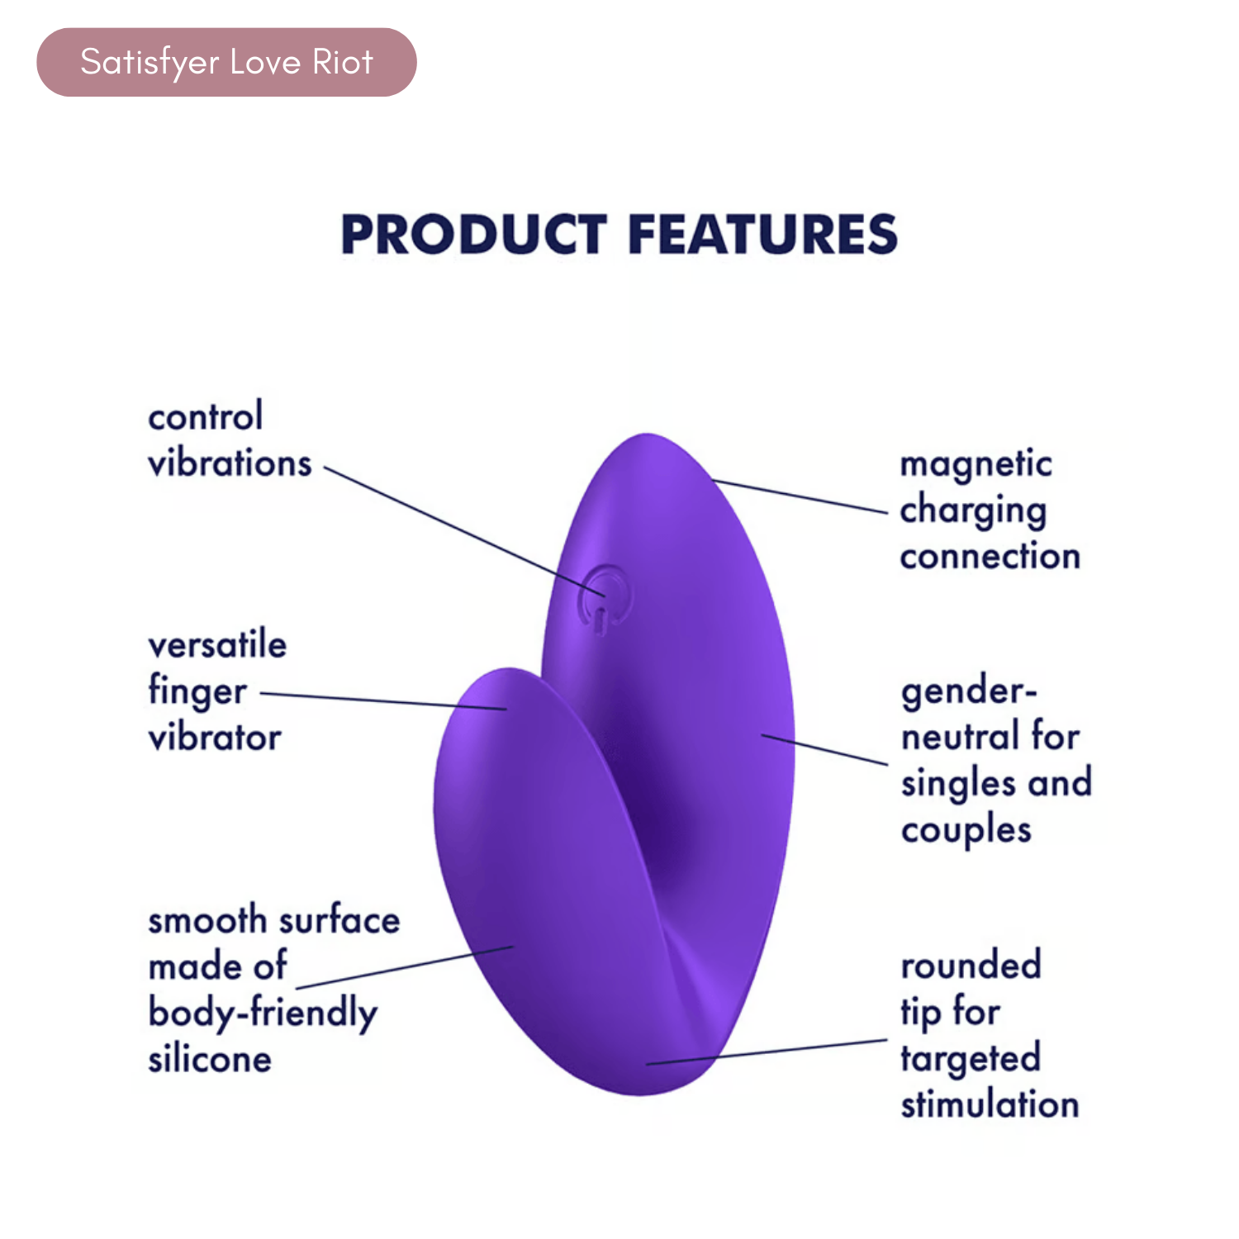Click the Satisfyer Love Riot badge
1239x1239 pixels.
click(226, 62)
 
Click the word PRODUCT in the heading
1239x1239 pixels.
click(474, 234)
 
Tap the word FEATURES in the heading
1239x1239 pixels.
click(762, 234)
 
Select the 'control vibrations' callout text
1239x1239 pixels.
click(230, 440)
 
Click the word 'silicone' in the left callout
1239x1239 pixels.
click(210, 1059)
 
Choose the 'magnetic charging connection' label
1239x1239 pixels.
click(990, 510)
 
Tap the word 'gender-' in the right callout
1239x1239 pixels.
click(968, 692)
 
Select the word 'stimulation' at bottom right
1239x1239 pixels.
click(990, 1105)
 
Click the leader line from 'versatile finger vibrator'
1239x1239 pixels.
click(383, 701)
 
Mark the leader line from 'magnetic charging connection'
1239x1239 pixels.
click(799, 496)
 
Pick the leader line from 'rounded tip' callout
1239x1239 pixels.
click(767, 1052)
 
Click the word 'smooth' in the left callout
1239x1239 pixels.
click(207, 920)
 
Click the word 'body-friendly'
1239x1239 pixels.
click(263, 1014)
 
